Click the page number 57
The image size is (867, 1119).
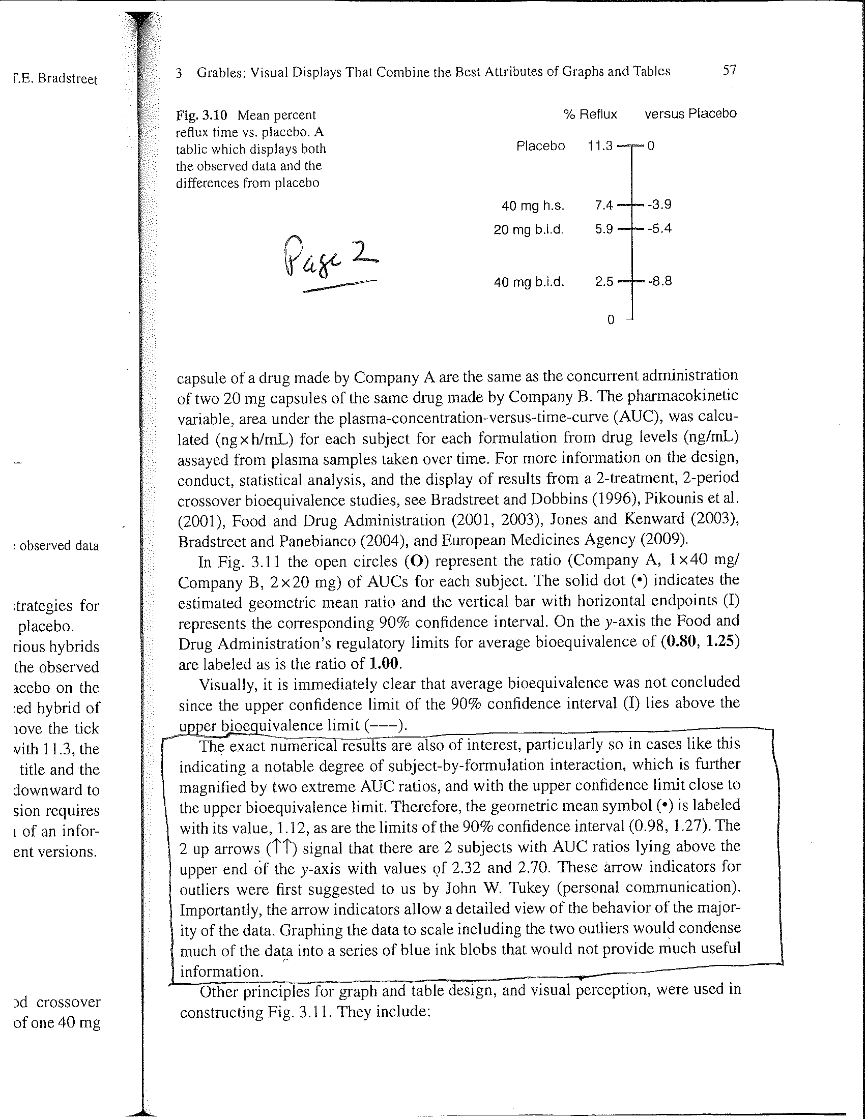[x=729, y=70]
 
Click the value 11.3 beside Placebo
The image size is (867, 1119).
[x=600, y=146]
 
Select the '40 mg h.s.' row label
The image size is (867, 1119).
[x=533, y=206]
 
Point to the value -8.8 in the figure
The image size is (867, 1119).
[x=659, y=281]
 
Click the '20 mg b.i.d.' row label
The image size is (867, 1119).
[x=529, y=229]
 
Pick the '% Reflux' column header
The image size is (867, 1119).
[x=590, y=114]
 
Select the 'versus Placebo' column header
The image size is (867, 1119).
[x=690, y=114]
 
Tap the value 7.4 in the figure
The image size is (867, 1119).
[x=603, y=205]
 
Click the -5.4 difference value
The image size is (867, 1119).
[x=659, y=228]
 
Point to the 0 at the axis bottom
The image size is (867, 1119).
[x=610, y=320]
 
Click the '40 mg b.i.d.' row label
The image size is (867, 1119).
[x=529, y=282]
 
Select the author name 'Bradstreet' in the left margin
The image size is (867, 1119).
[x=68, y=79]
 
